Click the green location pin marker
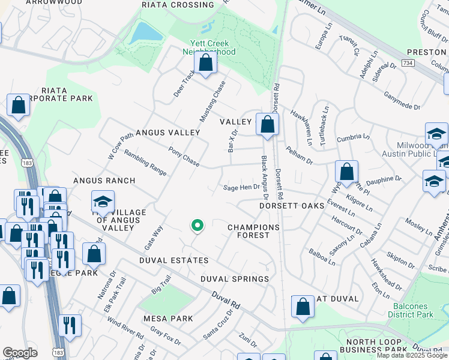(197, 226)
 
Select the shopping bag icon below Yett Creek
(206, 64)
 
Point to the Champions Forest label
(253, 232)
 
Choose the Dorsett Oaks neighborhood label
(291, 205)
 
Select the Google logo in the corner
(20, 353)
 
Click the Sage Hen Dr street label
(241, 187)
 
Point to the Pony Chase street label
(184, 157)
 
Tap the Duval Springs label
(235, 279)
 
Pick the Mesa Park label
(167, 318)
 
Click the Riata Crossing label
(170, 5)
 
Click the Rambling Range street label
(145, 162)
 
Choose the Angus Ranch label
(104, 180)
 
